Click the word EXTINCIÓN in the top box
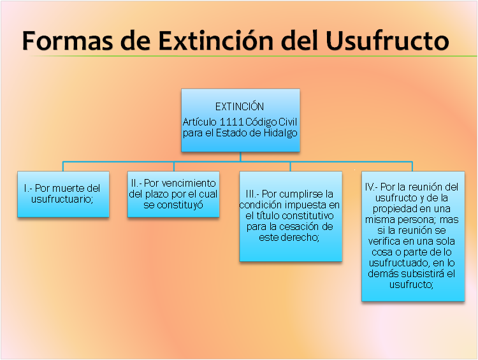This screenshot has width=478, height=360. [x=240, y=106]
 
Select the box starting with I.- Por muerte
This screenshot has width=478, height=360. [x=62, y=194]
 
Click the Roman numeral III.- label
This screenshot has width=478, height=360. [x=251, y=194]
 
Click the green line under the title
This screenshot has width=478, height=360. [x=255, y=57]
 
